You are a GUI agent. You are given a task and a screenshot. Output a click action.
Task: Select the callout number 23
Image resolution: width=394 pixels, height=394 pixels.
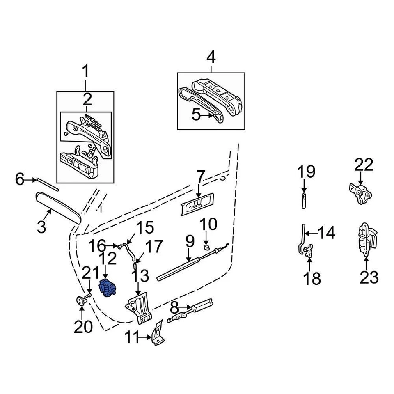pos(368,277)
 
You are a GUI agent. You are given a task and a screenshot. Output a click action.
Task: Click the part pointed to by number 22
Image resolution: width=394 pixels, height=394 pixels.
pos(360,194)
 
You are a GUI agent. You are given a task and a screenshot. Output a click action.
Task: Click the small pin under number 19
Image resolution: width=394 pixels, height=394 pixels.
pos(304,201)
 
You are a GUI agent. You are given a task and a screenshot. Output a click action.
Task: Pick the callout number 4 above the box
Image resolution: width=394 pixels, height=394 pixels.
pos(211,57)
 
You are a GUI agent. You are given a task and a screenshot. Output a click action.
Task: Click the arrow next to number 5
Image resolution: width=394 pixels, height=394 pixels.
pos(208,115)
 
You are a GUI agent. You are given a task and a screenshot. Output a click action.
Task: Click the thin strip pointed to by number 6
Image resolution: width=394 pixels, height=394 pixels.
pos(47,185)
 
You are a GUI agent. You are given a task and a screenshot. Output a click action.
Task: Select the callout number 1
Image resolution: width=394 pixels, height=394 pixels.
pos(85,72)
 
